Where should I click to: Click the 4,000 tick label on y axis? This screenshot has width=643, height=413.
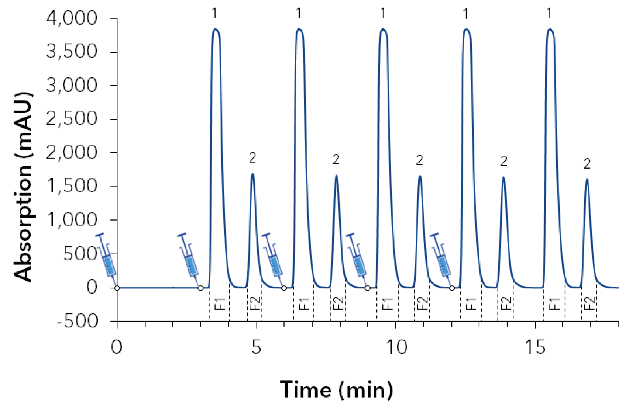tap(72, 18)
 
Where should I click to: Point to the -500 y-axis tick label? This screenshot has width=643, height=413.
tap(78, 322)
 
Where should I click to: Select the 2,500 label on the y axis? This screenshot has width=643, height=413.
tap(72, 119)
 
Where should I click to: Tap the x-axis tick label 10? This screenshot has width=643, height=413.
tap(396, 347)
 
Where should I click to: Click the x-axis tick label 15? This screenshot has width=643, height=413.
tap(535, 347)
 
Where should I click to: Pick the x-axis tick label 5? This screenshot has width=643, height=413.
tap(256, 347)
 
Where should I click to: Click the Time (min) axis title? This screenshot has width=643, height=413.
tap(336, 389)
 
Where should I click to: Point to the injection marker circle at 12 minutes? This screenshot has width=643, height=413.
tap(452, 288)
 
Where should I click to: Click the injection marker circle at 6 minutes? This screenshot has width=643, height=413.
tap(284, 288)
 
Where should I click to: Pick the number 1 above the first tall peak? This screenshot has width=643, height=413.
tap(215, 14)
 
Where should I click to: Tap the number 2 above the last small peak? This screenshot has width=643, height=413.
tap(587, 164)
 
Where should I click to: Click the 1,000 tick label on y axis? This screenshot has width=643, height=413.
tap(72, 220)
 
